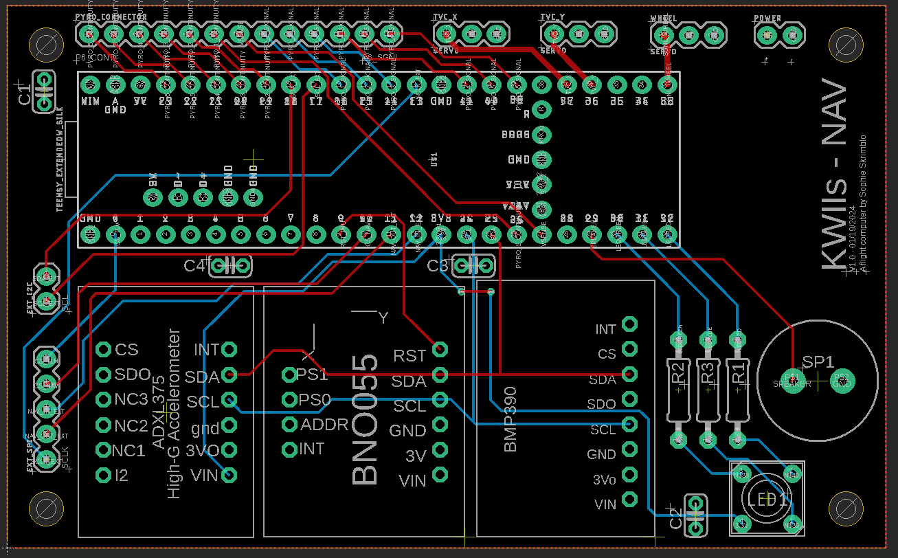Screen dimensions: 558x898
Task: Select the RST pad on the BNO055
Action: (440, 349)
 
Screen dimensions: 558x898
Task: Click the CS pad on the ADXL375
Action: (104, 350)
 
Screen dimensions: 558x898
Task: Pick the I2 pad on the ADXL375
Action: (104, 475)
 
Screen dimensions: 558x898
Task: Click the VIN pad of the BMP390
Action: (629, 504)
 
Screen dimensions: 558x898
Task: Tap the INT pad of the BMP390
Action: (629, 324)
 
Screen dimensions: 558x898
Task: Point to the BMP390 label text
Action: (510, 418)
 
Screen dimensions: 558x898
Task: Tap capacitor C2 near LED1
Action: (696, 516)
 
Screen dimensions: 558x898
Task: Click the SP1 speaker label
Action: (818, 362)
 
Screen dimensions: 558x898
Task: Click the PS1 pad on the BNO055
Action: (290, 375)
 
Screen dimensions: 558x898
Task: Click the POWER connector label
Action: (767, 19)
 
